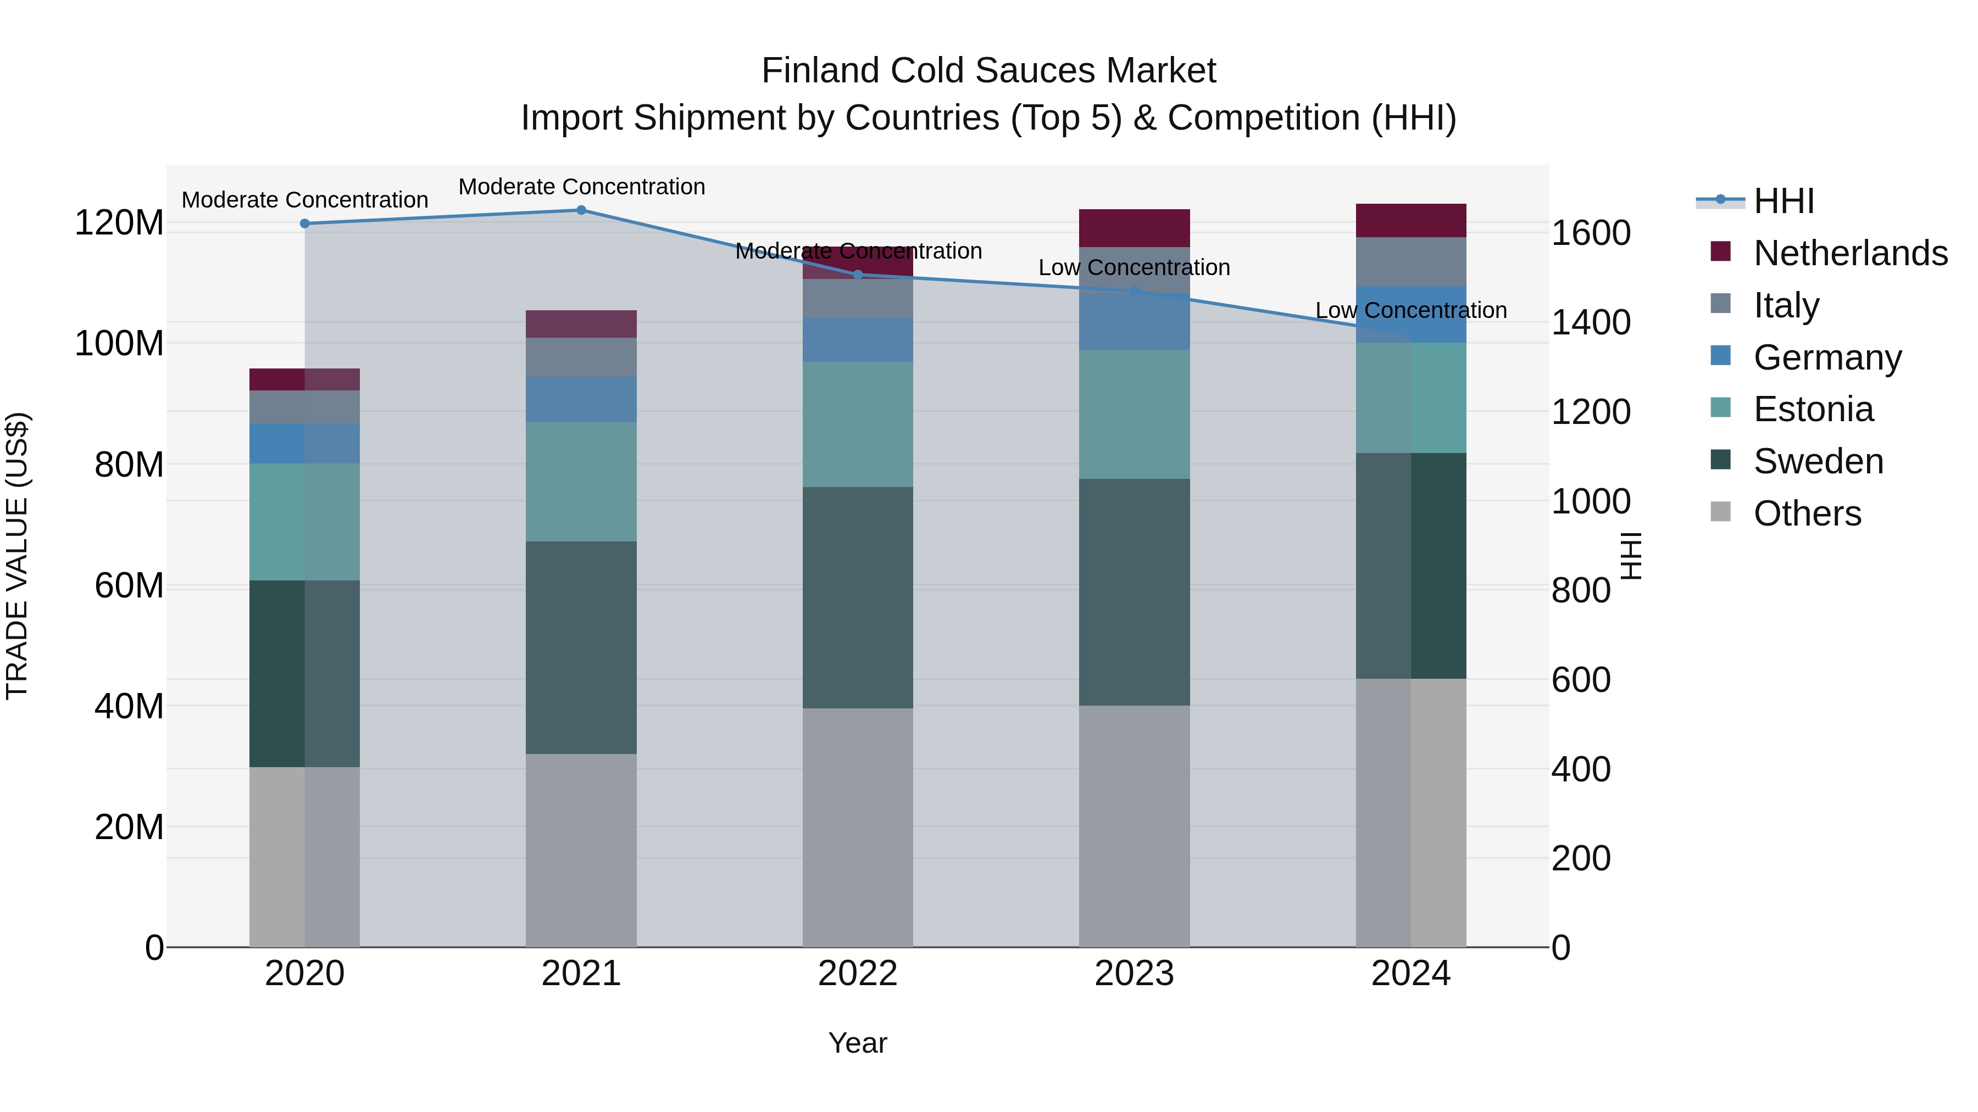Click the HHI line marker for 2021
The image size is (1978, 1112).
coord(581,210)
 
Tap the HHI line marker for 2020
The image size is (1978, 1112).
coord(305,224)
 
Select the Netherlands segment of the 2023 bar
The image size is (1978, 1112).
coord(1134,228)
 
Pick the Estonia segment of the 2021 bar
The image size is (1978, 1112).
coord(581,482)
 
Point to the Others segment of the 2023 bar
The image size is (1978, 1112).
coord(1134,826)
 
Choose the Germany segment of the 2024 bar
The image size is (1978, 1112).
coord(1410,315)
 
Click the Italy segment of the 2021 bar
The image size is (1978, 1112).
coord(581,357)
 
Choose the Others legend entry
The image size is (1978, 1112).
coord(1807,513)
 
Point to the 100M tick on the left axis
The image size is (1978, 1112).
coord(119,343)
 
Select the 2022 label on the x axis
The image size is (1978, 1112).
coord(858,974)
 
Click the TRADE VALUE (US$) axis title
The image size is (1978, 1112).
coord(17,556)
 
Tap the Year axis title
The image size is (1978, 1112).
coord(858,1043)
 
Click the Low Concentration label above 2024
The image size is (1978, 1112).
coord(1410,311)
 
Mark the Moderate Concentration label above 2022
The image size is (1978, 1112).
coord(858,251)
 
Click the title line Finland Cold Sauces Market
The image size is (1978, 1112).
coord(988,71)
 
